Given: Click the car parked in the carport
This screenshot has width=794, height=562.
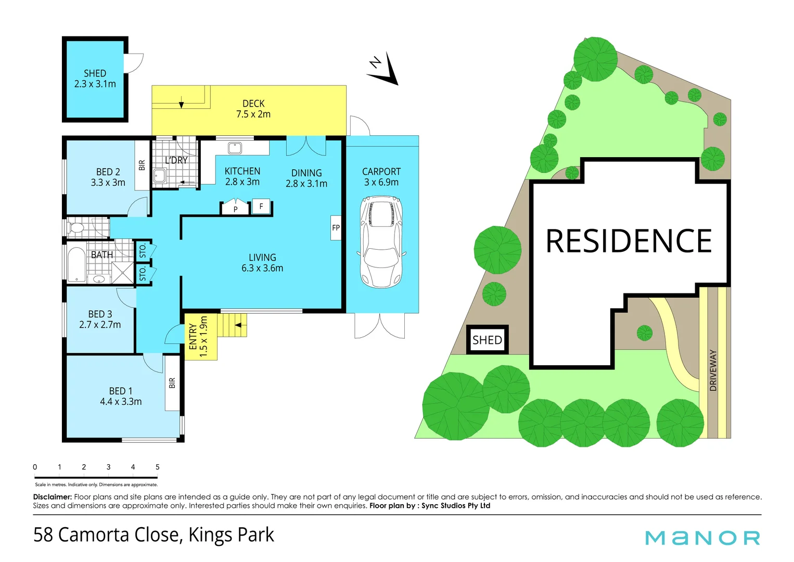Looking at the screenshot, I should click(381, 242).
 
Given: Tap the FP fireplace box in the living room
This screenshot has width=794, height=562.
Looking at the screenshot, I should click(336, 227).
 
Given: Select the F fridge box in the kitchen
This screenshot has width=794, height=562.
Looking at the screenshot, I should click(261, 207).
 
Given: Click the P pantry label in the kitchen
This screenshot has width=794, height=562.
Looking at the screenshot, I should click(235, 209).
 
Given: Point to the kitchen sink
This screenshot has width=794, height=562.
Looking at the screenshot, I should click(235, 148).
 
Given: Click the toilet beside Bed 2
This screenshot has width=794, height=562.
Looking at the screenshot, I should click(76, 228).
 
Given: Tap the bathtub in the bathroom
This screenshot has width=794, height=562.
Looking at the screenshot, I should click(76, 264).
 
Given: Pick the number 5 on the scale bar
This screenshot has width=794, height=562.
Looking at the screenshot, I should click(157, 467).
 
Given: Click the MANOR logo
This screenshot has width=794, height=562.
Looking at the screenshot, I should click(702, 538).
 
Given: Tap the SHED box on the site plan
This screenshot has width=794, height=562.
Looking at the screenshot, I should click(487, 340).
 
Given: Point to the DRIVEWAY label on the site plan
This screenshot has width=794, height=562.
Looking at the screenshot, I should click(713, 371).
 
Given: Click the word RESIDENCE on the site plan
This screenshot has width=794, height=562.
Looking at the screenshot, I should click(629, 241).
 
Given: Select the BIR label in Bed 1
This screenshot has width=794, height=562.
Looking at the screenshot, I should click(172, 383).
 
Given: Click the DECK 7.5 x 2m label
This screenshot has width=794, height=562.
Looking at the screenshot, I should click(253, 109).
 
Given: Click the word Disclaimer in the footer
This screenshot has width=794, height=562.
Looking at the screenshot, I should click(52, 497).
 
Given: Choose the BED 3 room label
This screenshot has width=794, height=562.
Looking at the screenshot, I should click(100, 320).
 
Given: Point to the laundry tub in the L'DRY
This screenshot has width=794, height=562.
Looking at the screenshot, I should click(159, 176).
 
